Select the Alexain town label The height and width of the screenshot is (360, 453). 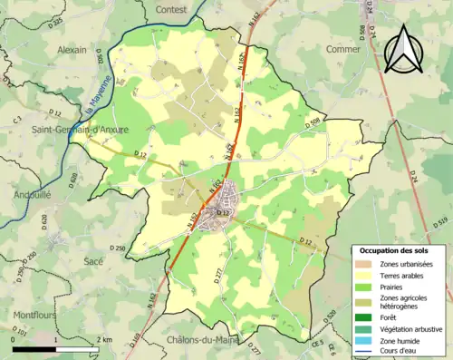tap(72, 51)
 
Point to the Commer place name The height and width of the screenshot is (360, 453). tap(342, 49)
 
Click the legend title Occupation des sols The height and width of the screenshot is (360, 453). tap(394, 250)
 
